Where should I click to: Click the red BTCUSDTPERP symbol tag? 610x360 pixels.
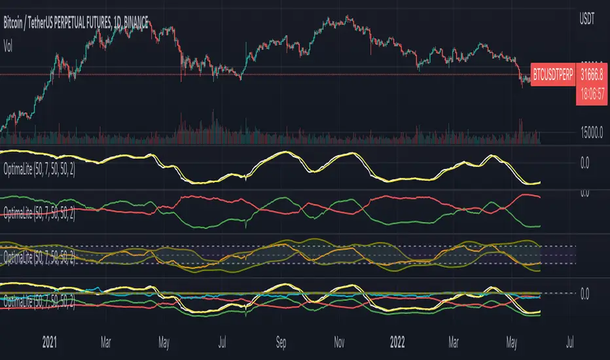[x=552, y=75]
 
